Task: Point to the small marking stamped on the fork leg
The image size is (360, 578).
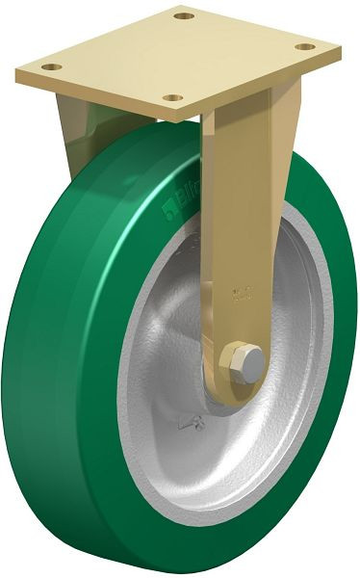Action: pos(241,289)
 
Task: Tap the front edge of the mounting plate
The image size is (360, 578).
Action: pos(96,96)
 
